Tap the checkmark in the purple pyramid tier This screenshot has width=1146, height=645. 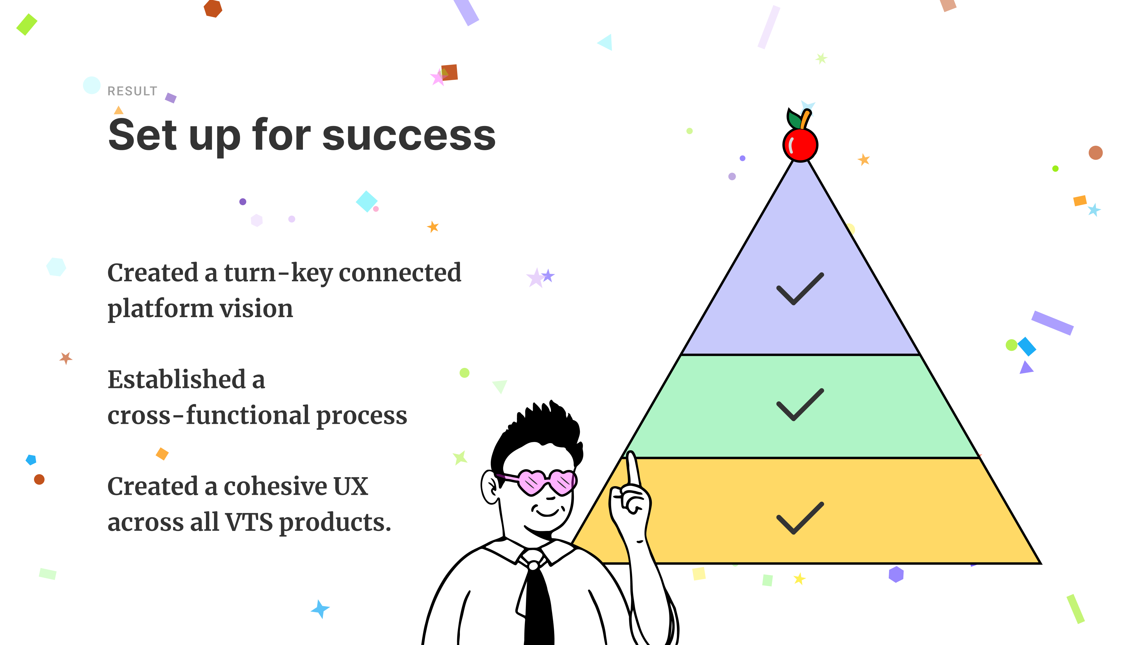click(800, 289)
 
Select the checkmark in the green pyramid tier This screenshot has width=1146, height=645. click(800, 405)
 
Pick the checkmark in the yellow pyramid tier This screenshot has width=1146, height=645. click(800, 518)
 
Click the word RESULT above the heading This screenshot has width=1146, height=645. click(133, 91)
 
